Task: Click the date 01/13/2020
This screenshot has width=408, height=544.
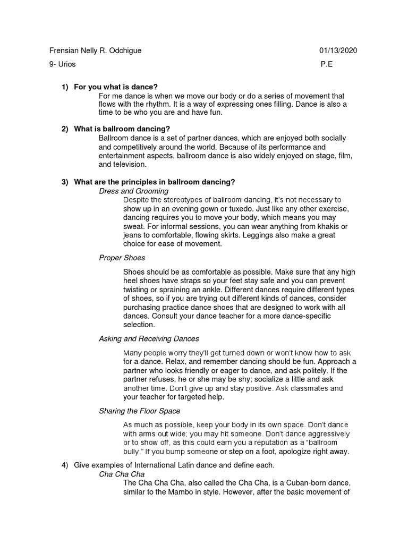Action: [x=338, y=50]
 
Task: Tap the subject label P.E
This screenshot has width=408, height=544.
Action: [x=326, y=64]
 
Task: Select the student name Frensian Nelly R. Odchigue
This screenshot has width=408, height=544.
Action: [x=95, y=50]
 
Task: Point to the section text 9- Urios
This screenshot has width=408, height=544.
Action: [x=62, y=64]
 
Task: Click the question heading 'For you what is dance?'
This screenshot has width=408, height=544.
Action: [x=116, y=87]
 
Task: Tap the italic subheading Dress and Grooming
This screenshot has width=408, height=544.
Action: [x=134, y=191]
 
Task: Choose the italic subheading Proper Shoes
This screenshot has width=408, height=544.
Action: [x=122, y=258]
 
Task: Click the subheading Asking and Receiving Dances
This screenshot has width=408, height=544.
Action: [x=149, y=338]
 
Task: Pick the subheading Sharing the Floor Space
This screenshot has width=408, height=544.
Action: [x=140, y=411]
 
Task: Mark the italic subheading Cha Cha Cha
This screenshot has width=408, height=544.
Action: [x=122, y=473]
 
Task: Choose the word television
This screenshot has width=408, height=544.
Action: [x=116, y=165]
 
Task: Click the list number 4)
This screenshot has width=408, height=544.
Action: [x=65, y=465]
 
